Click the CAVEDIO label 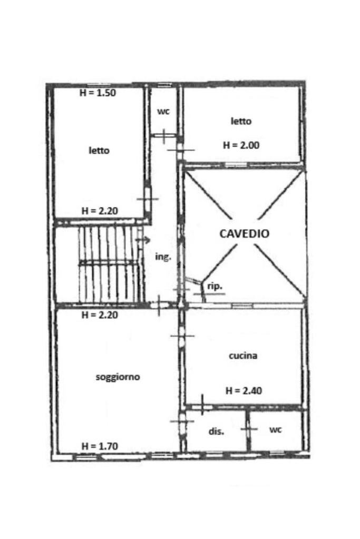pyautogui.click(x=244, y=233)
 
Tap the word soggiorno pyautogui.click(x=118, y=377)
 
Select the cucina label pyautogui.click(x=243, y=356)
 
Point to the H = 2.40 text pyautogui.click(x=244, y=391)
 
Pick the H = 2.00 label pyautogui.click(x=241, y=145)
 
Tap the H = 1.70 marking pyautogui.click(x=100, y=446)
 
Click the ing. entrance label pyautogui.click(x=163, y=257)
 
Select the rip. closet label pyautogui.click(x=215, y=287)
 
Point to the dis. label pyautogui.click(x=217, y=431)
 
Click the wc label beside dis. pyautogui.click(x=275, y=430)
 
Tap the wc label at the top pyautogui.click(x=163, y=112)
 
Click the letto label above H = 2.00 pyautogui.click(x=241, y=121)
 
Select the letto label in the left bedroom pyautogui.click(x=99, y=151)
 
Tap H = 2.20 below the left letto pyautogui.click(x=99, y=211)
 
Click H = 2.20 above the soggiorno pyautogui.click(x=99, y=316)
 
